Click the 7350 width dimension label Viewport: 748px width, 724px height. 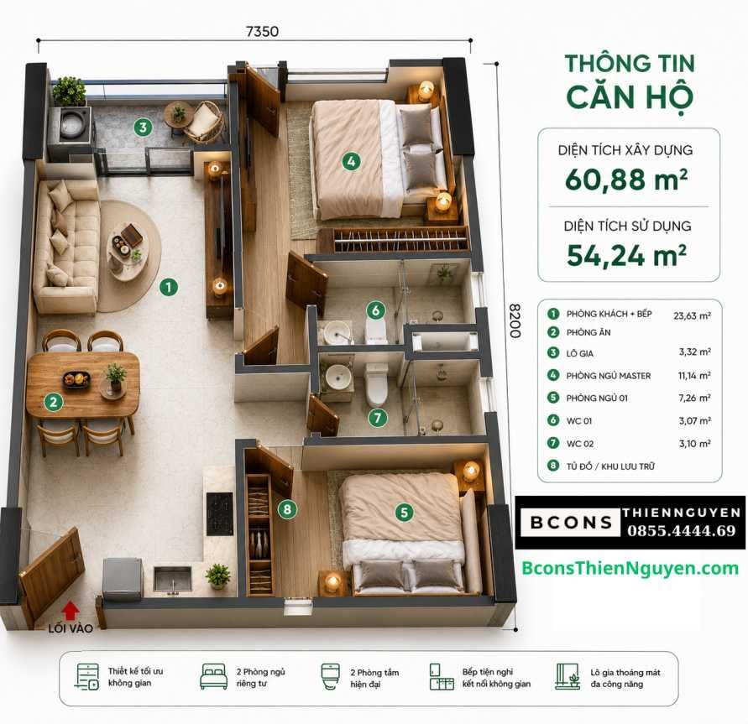pyautogui.click(x=262, y=31)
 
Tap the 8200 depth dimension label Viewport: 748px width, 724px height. pyautogui.click(x=515, y=320)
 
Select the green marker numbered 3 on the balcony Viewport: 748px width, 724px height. pyautogui.click(x=143, y=128)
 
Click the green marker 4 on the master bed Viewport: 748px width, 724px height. pyautogui.click(x=351, y=162)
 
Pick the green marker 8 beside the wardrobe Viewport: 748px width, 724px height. pyautogui.click(x=287, y=509)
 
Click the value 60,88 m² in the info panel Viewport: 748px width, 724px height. pyautogui.click(x=626, y=180)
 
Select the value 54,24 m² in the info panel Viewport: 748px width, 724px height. pyautogui.click(x=627, y=256)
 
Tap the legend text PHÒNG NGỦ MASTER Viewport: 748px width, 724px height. pyautogui.click(x=609, y=376)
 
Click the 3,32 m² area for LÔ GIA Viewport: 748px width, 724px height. pyautogui.click(x=695, y=352)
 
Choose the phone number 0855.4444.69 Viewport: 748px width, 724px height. pyautogui.click(x=682, y=530)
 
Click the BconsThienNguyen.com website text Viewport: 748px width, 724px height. pyautogui.click(x=630, y=568)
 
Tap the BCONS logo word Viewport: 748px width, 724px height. pyautogui.click(x=571, y=523)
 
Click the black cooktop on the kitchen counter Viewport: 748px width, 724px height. pyautogui.click(x=219, y=513)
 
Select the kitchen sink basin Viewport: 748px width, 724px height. pyautogui.click(x=172, y=579)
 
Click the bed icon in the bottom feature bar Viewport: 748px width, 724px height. pyautogui.click(x=214, y=676)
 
